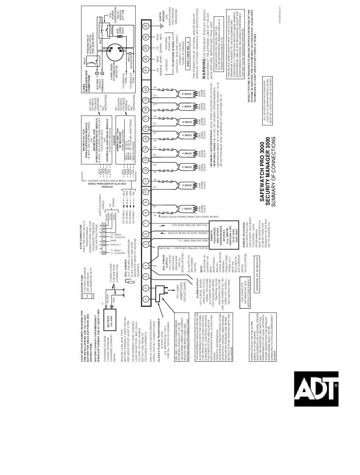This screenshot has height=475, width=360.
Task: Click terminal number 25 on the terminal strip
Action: (146, 26)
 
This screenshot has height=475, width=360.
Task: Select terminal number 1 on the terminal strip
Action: (146, 300)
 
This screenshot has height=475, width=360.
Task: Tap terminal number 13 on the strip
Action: (146, 159)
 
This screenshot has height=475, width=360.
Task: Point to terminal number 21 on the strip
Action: (146, 70)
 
